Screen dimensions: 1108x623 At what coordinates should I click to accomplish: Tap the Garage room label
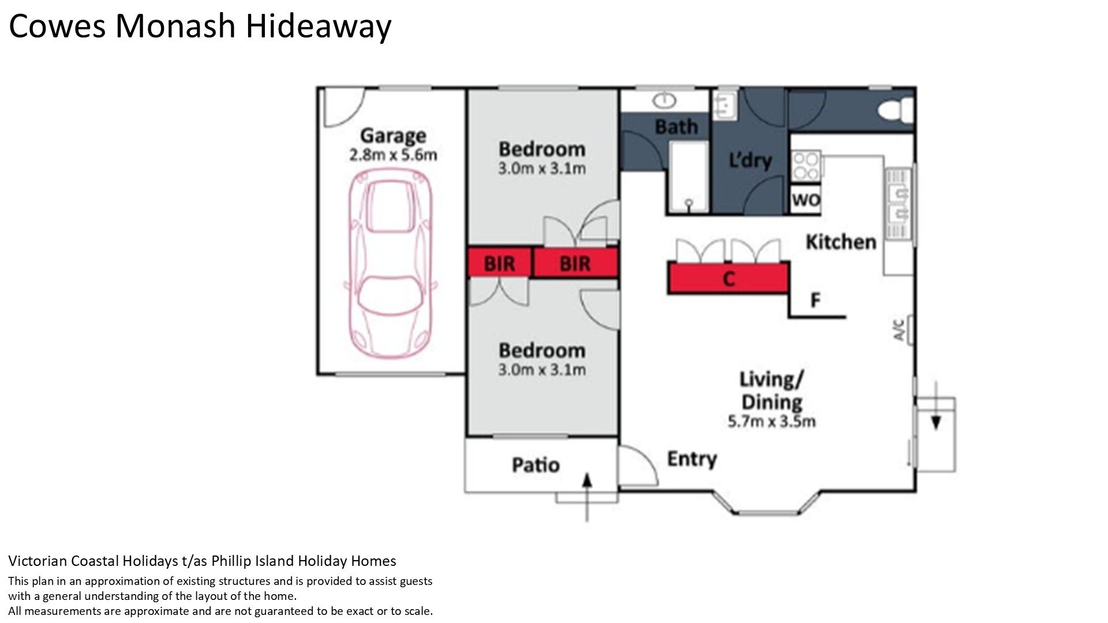[393, 136]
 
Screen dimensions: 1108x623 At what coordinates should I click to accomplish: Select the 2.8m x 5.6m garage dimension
[393, 155]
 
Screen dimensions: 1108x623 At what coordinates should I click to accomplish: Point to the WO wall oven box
[806, 200]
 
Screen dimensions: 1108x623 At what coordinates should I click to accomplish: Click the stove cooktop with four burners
[806, 166]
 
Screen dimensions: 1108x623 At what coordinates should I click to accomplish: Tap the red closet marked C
[728, 278]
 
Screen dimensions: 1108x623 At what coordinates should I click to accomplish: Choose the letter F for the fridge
[815, 300]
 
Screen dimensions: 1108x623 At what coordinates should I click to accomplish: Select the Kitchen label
[841, 242]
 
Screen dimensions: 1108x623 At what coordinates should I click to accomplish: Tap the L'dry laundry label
[750, 160]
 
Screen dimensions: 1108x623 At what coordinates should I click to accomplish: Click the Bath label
[676, 126]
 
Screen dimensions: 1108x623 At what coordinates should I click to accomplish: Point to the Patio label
[536, 465]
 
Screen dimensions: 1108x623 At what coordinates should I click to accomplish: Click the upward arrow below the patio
[587, 497]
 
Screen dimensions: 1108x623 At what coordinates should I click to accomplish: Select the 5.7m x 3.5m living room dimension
[772, 422]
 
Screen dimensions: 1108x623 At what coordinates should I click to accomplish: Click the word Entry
[692, 459]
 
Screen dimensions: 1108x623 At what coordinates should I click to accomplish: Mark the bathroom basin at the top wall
[665, 101]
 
